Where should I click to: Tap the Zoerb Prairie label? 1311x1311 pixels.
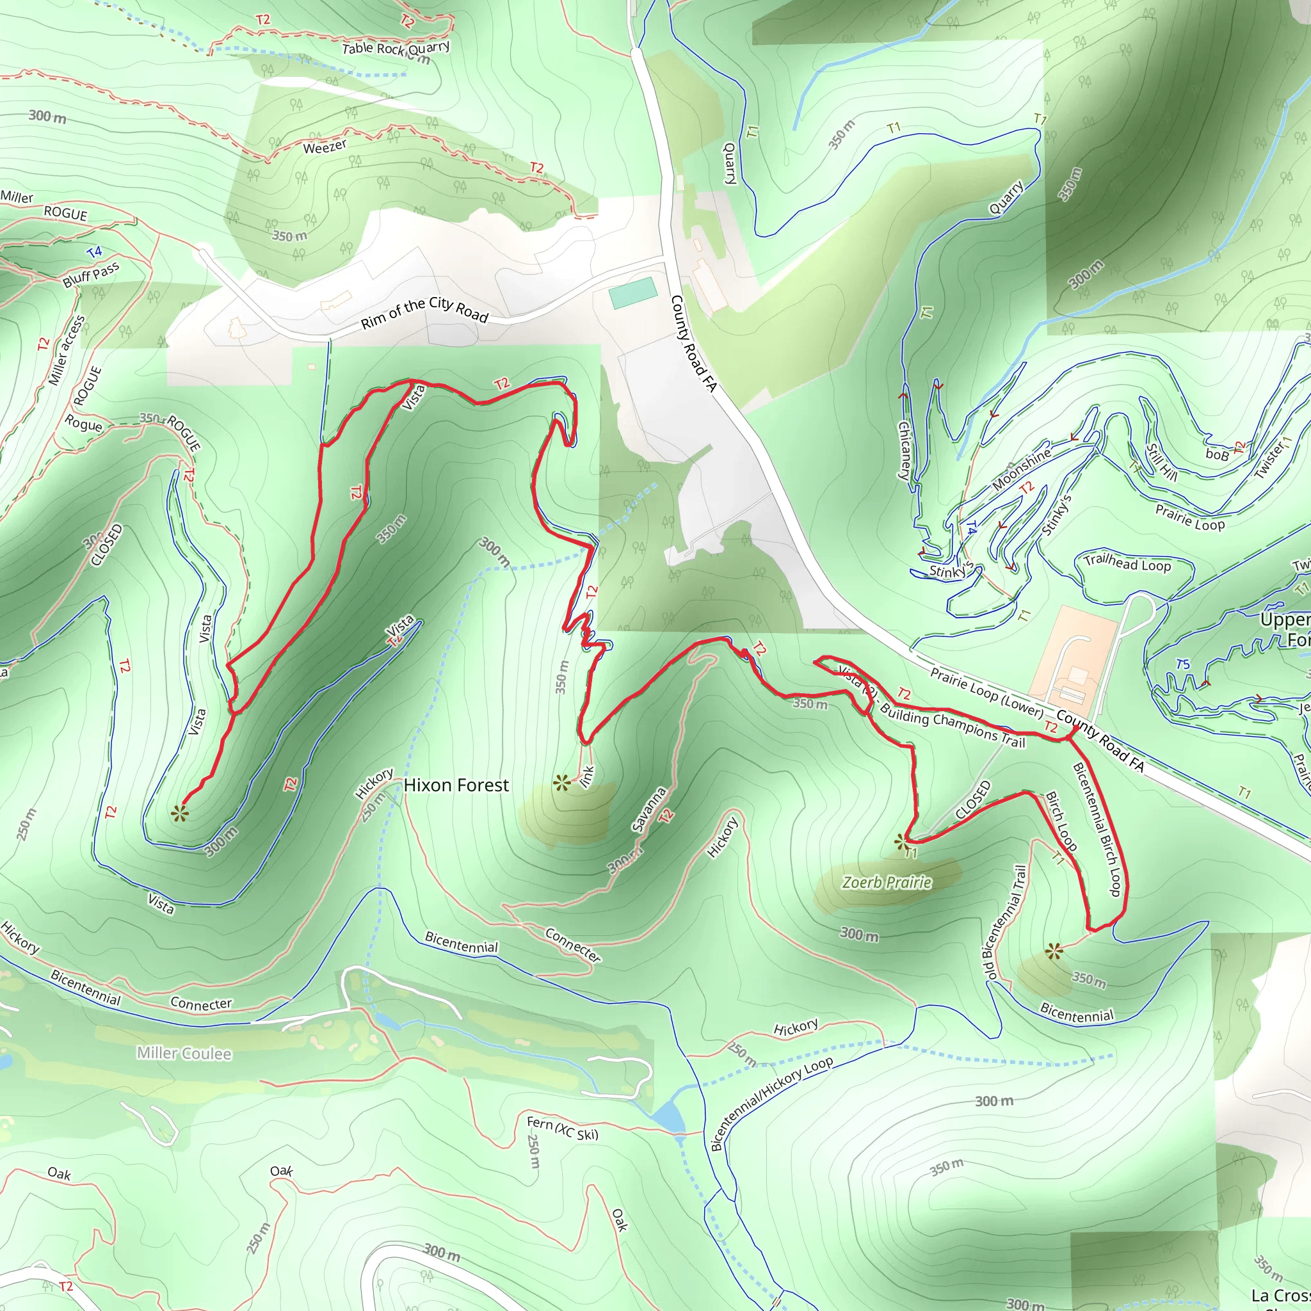coord(886,882)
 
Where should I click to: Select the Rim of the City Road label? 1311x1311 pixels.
coord(424,312)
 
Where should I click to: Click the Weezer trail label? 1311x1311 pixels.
coord(325,147)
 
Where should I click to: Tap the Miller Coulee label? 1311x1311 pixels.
coord(184,1053)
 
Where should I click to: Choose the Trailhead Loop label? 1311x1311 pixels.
coord(1127,563)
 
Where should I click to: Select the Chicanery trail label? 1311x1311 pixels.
coord(905,451)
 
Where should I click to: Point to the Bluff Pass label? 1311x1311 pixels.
coord(91,275)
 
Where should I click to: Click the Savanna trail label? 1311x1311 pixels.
coord(648,810)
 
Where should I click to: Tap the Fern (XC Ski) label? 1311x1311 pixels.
coord(563,1129)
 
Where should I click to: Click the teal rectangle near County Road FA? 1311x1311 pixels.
coord(632,293)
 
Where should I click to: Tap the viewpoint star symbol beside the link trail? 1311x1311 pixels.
coord(561,784)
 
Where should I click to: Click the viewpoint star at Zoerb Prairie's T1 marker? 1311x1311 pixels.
coord(901,843)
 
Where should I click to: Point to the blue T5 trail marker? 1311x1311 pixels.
coord(1183,664)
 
